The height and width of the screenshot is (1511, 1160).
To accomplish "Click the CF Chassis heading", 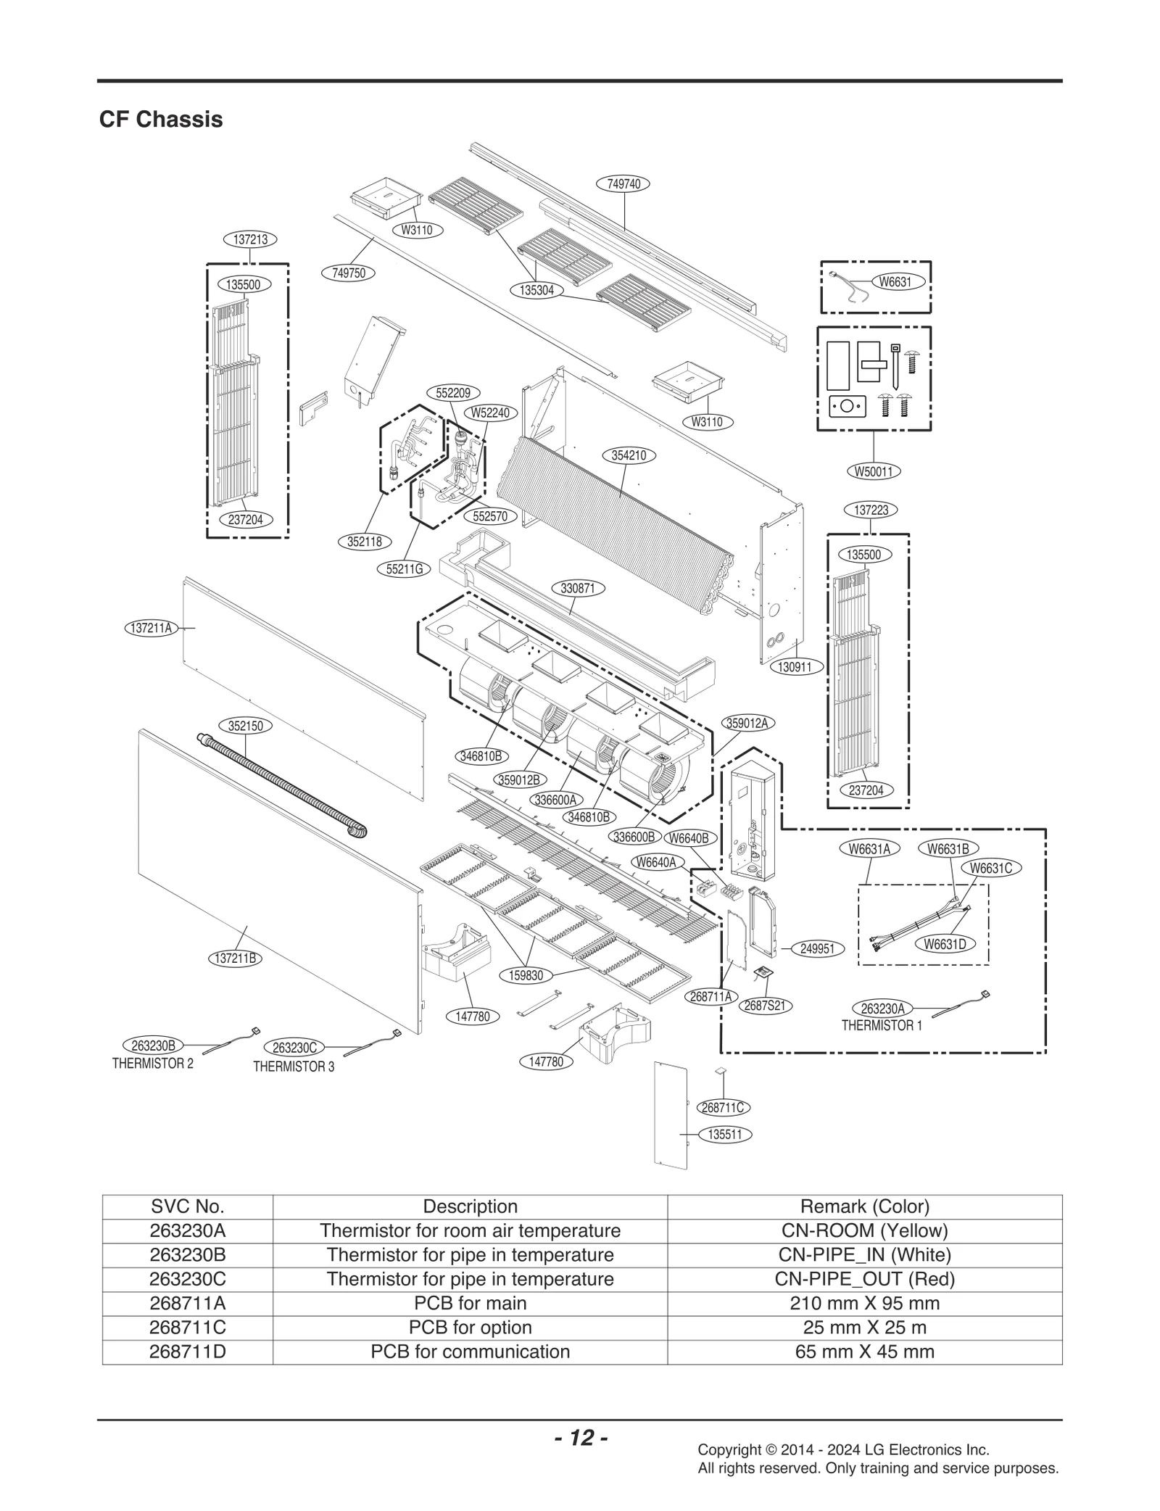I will (160, 119).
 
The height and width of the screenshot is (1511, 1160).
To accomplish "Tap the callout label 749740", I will (623, 183).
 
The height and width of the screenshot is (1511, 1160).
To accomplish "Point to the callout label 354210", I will (629, 455).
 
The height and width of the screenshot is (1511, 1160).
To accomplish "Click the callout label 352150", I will (245, 725).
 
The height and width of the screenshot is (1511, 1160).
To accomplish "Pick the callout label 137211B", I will (236, 958).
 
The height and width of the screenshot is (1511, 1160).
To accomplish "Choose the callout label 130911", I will (795, 666).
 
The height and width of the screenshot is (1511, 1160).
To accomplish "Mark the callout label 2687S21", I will (766, 1006).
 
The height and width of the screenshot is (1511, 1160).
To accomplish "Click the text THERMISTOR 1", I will (882, 1025).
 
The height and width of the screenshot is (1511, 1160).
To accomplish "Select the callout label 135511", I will (724, 1134).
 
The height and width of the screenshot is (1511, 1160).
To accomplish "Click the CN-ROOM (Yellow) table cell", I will (864, 1230).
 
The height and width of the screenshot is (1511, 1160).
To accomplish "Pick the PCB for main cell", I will (470, 1303).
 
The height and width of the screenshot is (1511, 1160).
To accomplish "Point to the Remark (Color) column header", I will (864, 1206).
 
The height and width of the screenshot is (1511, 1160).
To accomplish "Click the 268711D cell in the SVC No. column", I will (187, 1351).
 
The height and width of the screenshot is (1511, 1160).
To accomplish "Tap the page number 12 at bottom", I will (581, 1437).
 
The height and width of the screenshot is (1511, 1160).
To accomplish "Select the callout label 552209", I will (452, 393).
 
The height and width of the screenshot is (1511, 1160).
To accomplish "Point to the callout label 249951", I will (817, 948).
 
